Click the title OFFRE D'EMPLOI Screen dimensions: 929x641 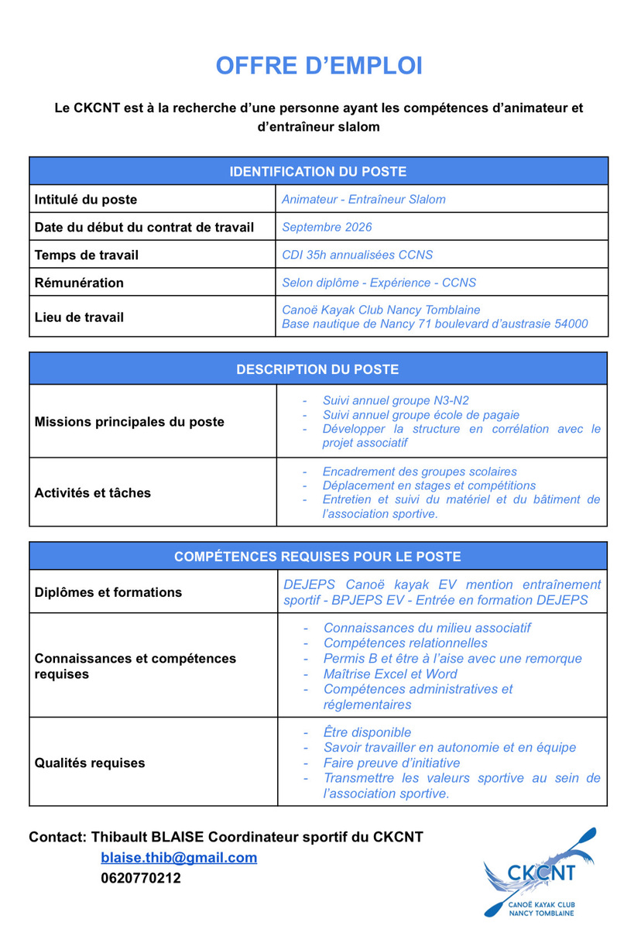pos(319,67)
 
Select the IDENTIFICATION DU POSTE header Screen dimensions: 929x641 pos(318,171)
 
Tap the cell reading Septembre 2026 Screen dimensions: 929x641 pos(327,227)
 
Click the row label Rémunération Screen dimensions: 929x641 pos(79,283)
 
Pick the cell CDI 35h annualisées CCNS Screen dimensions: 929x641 pos(357,255)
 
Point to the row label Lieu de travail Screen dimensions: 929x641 pos(79,317)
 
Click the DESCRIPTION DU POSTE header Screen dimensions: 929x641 pos(318,369)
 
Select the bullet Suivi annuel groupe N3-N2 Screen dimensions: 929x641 pos(396,400)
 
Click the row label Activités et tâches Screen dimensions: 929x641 pos(93,492)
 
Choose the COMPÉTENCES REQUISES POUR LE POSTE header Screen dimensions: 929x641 pos(318,556)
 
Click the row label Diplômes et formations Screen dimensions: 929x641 pos(108,592)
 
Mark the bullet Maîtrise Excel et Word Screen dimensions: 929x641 pos(390,674)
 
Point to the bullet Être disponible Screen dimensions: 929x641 pos(368,732)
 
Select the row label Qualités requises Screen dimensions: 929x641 pos(90,763)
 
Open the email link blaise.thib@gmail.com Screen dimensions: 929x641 pos(179,858)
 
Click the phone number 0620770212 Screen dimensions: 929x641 pos(141,878)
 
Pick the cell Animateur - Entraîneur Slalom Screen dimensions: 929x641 pos(364,199)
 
